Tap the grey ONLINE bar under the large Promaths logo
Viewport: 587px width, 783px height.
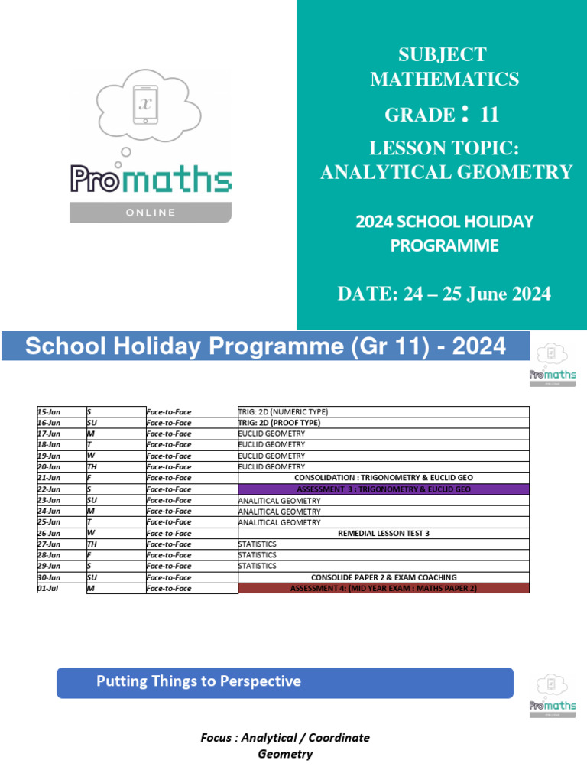151,213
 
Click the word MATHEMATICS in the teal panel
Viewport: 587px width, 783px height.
444,79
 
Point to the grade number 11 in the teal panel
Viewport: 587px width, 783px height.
489,115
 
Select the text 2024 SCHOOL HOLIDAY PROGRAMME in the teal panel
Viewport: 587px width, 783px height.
444,233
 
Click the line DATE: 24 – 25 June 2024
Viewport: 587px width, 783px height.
444,294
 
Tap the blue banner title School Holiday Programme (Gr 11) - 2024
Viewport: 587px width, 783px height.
265,346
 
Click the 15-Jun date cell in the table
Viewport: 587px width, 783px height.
49,411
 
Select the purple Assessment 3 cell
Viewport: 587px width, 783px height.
383,489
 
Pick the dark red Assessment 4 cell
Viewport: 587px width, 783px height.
383,588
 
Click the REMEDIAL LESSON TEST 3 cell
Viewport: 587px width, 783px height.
383,533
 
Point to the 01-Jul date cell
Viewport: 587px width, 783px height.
47,589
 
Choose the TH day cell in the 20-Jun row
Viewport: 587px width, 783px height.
92,466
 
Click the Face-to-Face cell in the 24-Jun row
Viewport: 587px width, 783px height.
169,511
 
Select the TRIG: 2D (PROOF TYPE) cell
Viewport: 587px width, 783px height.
279,422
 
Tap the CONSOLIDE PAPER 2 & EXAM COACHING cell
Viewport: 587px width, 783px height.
383,577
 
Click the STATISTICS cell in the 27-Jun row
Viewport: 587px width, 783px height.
258,544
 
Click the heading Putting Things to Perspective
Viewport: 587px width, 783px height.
199,681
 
